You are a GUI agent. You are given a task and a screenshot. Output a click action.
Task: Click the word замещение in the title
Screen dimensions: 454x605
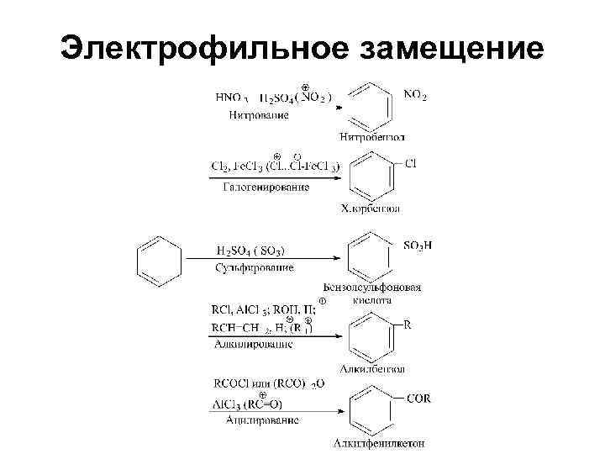pyautogui.click(x=450, y=47)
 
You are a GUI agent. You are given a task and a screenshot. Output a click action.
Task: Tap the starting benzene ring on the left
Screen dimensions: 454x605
pyautogui.click(x=160, y=257)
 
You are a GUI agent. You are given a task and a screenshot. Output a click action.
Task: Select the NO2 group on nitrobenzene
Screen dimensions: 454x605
pyautogui.click(x=415, y=96)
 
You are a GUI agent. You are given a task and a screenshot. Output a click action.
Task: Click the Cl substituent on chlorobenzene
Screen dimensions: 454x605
pyautogui.click(x=411, y=163)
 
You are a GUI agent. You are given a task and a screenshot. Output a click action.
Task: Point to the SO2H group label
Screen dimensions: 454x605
pyautogui.click(x=418, y=245)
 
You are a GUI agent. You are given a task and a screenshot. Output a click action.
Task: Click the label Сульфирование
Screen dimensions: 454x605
pyautogui.click(x=255, y=267)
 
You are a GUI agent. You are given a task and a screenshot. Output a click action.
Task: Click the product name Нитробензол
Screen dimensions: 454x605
pyautogui.click(x=373, y=136)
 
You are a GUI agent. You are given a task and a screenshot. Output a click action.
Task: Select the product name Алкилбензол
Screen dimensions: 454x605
pyautogui.click(x=372, y=367)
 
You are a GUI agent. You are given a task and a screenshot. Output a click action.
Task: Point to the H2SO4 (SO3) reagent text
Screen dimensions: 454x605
pyautogui.click(x=250, y=251)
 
